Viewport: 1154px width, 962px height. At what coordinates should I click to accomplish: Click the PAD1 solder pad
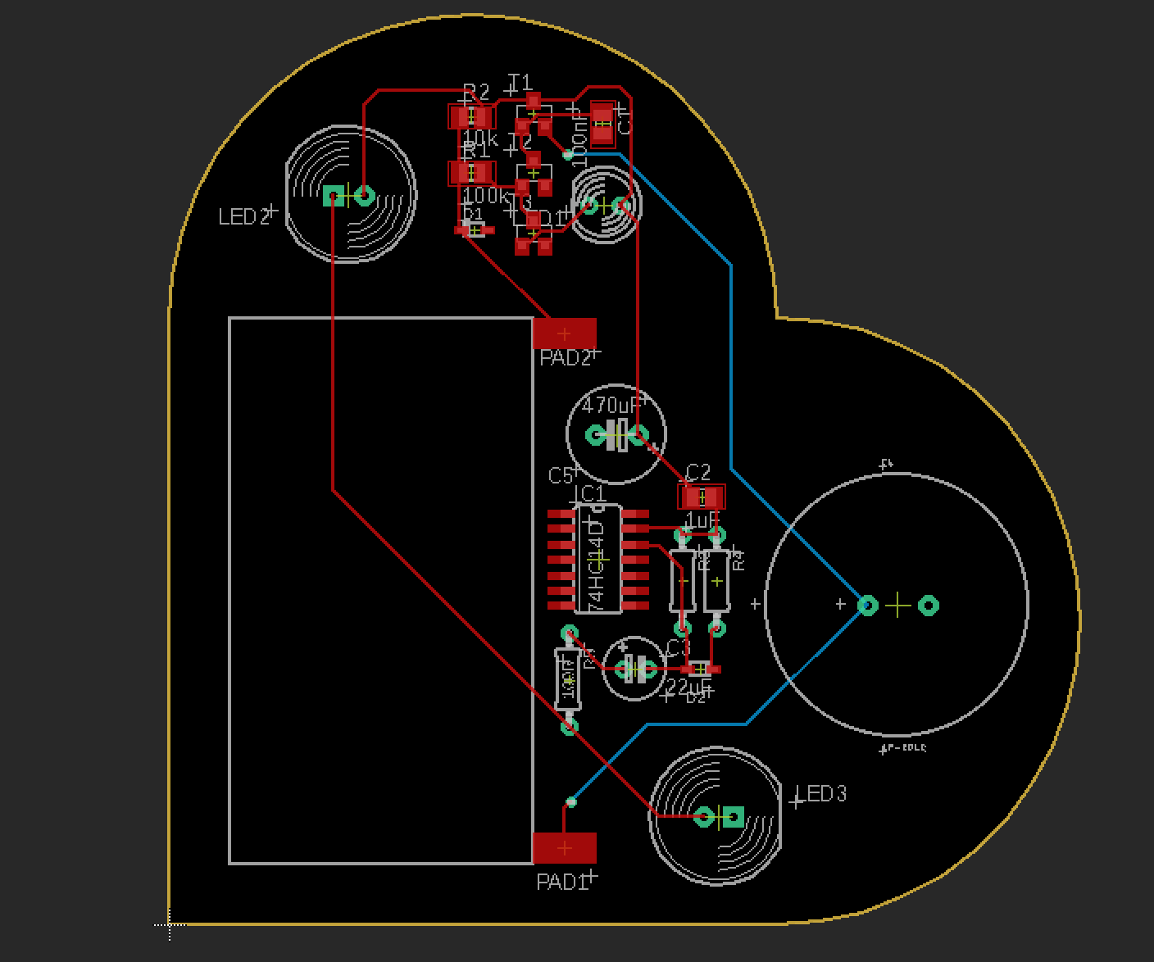[x=564, y=847]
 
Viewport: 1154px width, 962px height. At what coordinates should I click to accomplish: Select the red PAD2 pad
[x=564, y=334]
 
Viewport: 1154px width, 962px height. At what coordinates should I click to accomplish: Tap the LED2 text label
[x=243, y=216]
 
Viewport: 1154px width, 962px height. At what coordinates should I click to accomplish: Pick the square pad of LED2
[x=333, y=195]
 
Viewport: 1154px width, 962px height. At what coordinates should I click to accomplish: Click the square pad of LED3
[x=734, y=816]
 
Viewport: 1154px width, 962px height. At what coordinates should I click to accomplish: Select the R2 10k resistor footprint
[x=471, y=116]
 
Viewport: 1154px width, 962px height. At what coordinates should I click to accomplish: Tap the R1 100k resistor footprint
[x=471, y=173]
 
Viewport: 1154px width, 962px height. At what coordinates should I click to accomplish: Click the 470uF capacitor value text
[x=610, y=406]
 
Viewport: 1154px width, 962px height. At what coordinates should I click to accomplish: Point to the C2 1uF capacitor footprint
[x=702, y=497]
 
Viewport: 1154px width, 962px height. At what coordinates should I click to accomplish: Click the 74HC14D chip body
[x=599, y=559]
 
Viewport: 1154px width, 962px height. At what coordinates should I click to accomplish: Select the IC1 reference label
[x=589, y=493]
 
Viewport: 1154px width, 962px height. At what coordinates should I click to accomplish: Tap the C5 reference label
[x=561, y=475]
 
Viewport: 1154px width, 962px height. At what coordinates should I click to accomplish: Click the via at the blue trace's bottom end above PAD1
[x=571, y=801]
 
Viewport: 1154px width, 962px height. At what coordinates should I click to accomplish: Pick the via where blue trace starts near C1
[x=568, y=153]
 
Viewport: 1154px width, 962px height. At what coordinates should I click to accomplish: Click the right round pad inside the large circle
[x=928, y=606]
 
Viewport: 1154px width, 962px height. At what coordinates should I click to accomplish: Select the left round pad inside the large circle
[x=867, y=606]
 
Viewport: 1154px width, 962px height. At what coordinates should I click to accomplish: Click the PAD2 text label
[x=565, y=358]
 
